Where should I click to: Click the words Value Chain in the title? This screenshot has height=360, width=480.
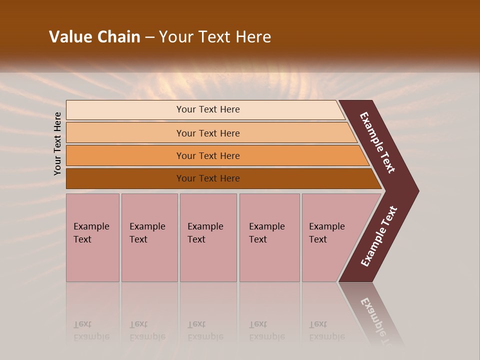click(x=94, y=37)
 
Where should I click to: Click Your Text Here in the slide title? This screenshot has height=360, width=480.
click(x=215, y=37)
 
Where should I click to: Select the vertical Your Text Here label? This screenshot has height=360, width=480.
click(x=57, y=143)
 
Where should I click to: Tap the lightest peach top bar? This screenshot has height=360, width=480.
click(x=125, y=110)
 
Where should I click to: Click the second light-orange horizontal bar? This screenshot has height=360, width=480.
click(x=125, y=133)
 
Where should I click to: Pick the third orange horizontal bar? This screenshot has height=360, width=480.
click(x=125, y=156)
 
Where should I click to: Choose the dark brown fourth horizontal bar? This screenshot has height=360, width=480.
click(x=125, y=178)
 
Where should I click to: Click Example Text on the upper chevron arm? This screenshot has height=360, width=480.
click(x=378, y=143)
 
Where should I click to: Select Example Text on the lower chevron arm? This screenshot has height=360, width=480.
click(x=379, y=236)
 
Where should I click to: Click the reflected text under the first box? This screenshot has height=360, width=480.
click(x=91, y=330)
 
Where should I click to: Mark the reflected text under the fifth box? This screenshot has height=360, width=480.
click(x=326, y=330)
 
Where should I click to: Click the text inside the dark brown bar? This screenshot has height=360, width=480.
click(x=208, y=178)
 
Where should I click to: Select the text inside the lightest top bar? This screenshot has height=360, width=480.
click(x=208, y=109)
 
